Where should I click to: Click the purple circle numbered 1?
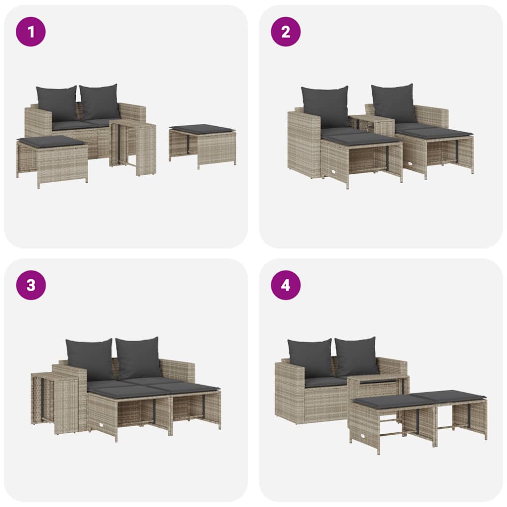coord(31,32)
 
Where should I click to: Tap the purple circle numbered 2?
coord(286,32)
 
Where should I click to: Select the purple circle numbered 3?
coord(31,285)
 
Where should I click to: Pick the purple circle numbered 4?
coord(286,285)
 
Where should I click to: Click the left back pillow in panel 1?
coord(57,103)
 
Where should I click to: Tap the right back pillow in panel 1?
coord(100,101)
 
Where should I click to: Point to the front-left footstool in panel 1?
coord(52,158)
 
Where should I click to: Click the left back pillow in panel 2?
coord(325,106)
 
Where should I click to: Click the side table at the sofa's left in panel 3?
coord(54,401)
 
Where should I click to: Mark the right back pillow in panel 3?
coord(139,357)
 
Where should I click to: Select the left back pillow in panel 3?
coord(90,359)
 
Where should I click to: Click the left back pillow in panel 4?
coord(311,358)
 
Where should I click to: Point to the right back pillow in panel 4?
coord(357,356)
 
